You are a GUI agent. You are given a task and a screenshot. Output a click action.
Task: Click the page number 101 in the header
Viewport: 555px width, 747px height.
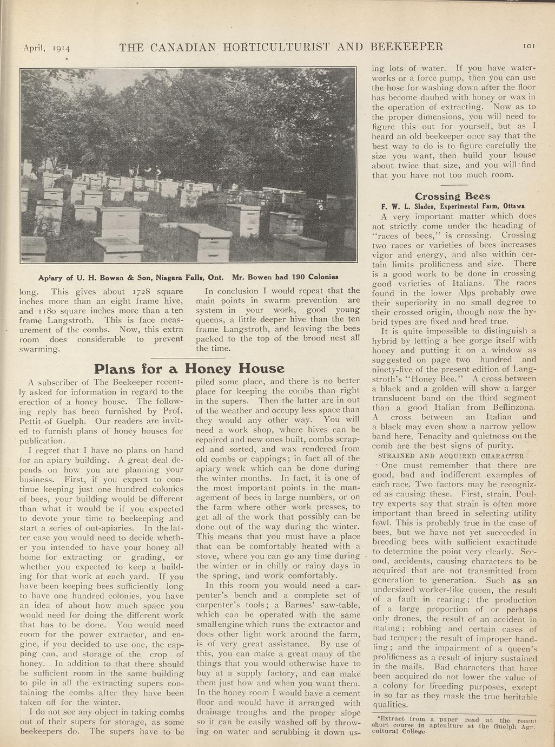click(528, 47)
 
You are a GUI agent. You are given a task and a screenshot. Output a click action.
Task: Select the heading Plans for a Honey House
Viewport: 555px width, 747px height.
click(189, 369)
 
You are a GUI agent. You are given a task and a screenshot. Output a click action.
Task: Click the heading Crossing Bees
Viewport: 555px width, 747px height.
click(452, 196)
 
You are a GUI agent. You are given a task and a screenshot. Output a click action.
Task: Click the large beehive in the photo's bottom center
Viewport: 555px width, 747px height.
click(204, 242)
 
